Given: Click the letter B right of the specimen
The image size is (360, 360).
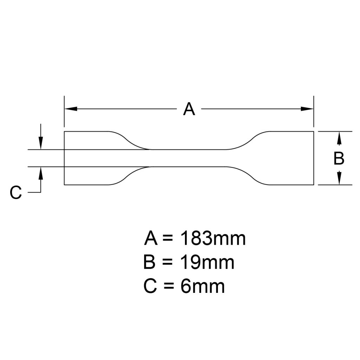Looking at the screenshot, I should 339,159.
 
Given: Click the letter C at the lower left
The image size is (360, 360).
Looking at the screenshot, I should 16,193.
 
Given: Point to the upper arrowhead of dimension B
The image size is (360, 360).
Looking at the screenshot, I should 339,138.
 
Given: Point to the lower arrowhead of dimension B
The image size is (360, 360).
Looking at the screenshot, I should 339,178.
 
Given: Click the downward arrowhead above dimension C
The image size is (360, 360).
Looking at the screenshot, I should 41,143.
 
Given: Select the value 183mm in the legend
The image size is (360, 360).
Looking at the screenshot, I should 213,239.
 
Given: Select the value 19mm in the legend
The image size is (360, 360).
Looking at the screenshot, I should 207,263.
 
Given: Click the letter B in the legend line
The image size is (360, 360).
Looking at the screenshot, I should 150,263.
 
